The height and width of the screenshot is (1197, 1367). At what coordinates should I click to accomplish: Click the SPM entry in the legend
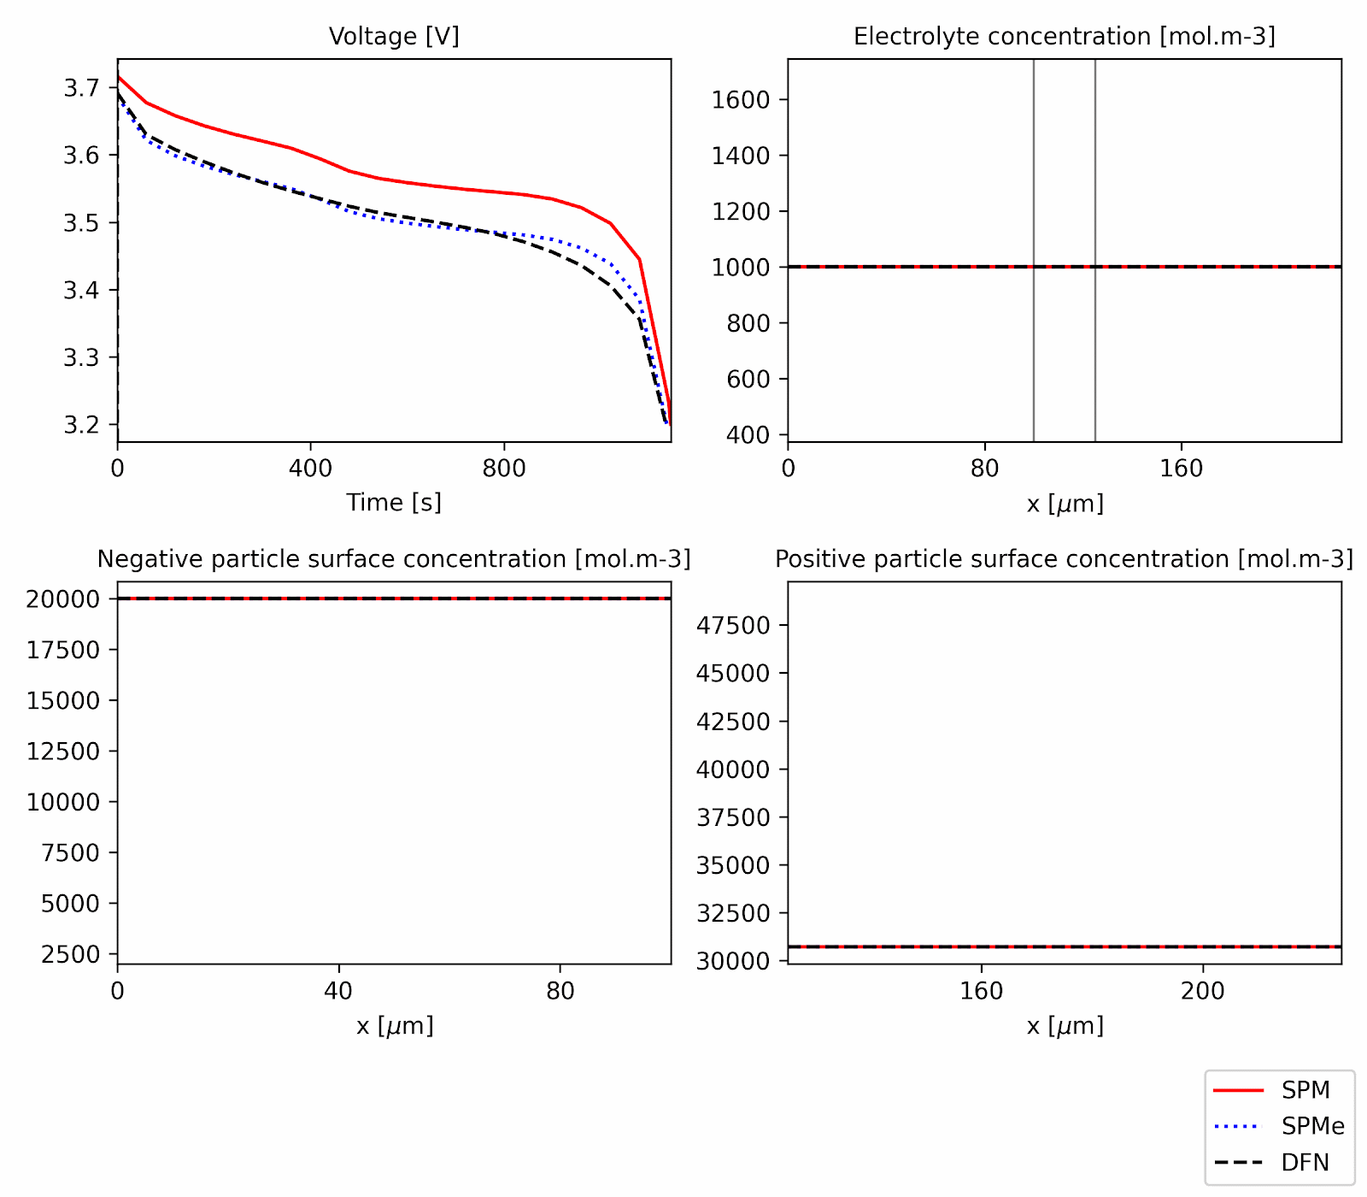tap(1305, 1090)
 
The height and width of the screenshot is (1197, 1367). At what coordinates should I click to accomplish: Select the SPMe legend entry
tap(1312, 1126)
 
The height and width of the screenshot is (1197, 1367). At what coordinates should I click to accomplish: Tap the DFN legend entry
tap(1305, 1163)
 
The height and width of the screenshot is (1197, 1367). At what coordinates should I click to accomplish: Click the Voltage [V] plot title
tap(394, 36)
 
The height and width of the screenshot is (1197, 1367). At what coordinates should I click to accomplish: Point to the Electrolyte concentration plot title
tap(1064, 36)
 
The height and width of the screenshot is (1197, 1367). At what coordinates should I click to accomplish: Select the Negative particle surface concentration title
tap(394, 558)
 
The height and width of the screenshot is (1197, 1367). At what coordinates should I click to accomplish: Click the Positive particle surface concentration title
tap(1064, 558)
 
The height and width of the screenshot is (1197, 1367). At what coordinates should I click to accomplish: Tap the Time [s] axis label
tap(394, 502)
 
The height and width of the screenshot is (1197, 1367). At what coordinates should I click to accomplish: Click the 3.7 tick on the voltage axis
tap(81, 87)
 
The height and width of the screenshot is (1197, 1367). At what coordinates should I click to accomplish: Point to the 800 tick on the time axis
tap(503, 468)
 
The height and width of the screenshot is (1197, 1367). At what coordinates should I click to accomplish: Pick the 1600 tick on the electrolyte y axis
tap(741, 100)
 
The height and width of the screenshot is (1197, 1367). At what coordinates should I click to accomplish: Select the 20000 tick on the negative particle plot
tap(62, 598)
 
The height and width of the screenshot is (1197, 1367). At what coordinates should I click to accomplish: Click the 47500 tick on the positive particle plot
tap(733, 625)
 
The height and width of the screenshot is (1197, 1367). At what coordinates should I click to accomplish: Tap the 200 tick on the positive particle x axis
tap(1203, 991)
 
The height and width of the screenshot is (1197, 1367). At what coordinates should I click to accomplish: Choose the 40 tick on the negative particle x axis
tap(338, 991)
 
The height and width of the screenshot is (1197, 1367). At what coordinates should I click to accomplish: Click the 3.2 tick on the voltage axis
tap(81, 425)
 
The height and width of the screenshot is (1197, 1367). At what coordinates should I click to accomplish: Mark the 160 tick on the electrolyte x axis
tap(1181, 468)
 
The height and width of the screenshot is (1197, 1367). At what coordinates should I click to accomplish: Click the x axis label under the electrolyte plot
tap(1065, 504)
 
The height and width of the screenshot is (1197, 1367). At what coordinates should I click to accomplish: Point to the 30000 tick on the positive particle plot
tap(733, 961)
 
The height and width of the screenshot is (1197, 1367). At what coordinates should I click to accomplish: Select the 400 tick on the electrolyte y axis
tap(748, 435)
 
